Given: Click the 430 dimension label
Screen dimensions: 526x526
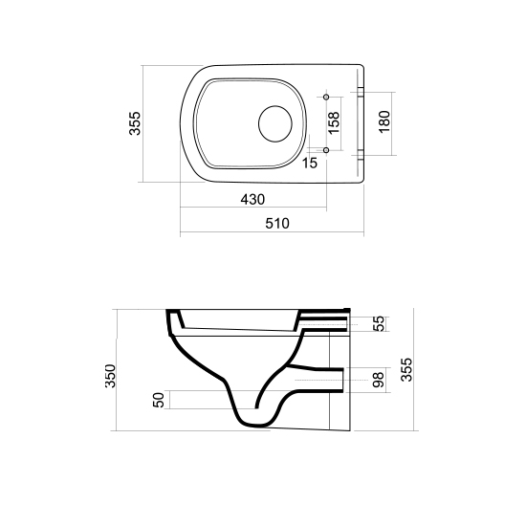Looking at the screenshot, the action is (x=252, y=200).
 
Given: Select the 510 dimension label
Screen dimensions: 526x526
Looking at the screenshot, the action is (x=277, y=224).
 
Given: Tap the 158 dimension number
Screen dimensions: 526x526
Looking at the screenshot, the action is (x=334, y=122).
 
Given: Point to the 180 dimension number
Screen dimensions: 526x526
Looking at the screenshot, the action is (x=384, y=121).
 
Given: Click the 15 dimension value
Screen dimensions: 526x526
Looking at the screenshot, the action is (x=310, y=163).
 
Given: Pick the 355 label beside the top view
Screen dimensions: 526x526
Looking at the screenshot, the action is (x=135, y=123).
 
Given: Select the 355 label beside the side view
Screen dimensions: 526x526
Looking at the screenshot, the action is (x=406, y=370).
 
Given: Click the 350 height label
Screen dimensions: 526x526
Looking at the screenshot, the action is (x=110, y=376).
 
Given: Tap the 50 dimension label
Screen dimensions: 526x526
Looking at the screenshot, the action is (x=159, y=400).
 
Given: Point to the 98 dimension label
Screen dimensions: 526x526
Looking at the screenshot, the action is (x=378, y=380).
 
